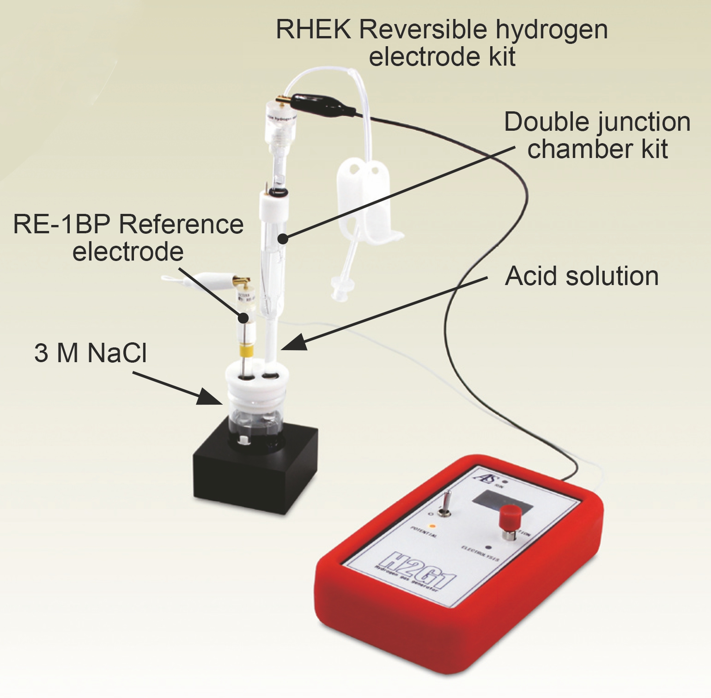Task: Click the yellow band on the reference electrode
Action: (247, 350)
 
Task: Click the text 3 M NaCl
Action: (91, 353)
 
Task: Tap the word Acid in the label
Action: (532, 277)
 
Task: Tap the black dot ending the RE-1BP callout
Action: (243, 318)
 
